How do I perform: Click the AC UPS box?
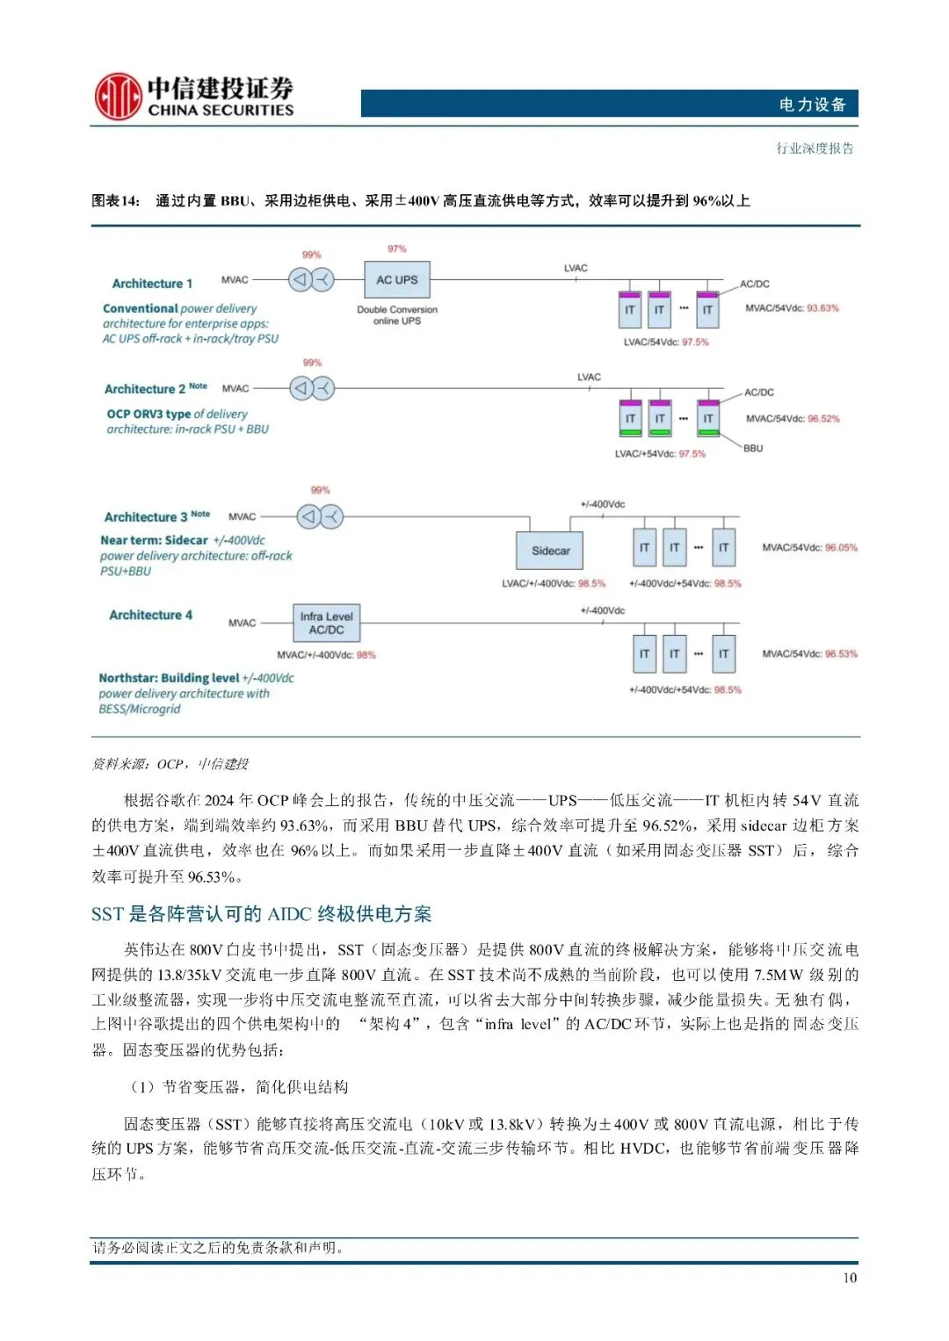tap(397, 280)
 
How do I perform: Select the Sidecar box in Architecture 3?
tap(550, 551)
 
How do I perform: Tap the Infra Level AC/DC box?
tap(326, 623)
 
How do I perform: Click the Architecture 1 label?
tap(152, 284)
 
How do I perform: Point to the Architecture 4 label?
tap(150, 615)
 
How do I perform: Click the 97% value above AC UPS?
tap(397, 249)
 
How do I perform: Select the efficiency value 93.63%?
tap(822, 308)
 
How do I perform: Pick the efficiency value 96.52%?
tap(823, 419)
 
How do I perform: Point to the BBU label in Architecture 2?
tap(753, 449)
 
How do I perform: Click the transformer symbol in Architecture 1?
tap(311, 280)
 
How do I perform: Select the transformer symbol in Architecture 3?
tap(320, 517)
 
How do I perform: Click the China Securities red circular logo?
tap(118, 97)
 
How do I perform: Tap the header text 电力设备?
tap(812, 105)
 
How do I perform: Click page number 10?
tap(850, 1278)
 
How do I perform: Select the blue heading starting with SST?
tap(261, 914)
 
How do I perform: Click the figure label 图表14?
tap(115, 201)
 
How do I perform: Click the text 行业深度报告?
tap(815, 148)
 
